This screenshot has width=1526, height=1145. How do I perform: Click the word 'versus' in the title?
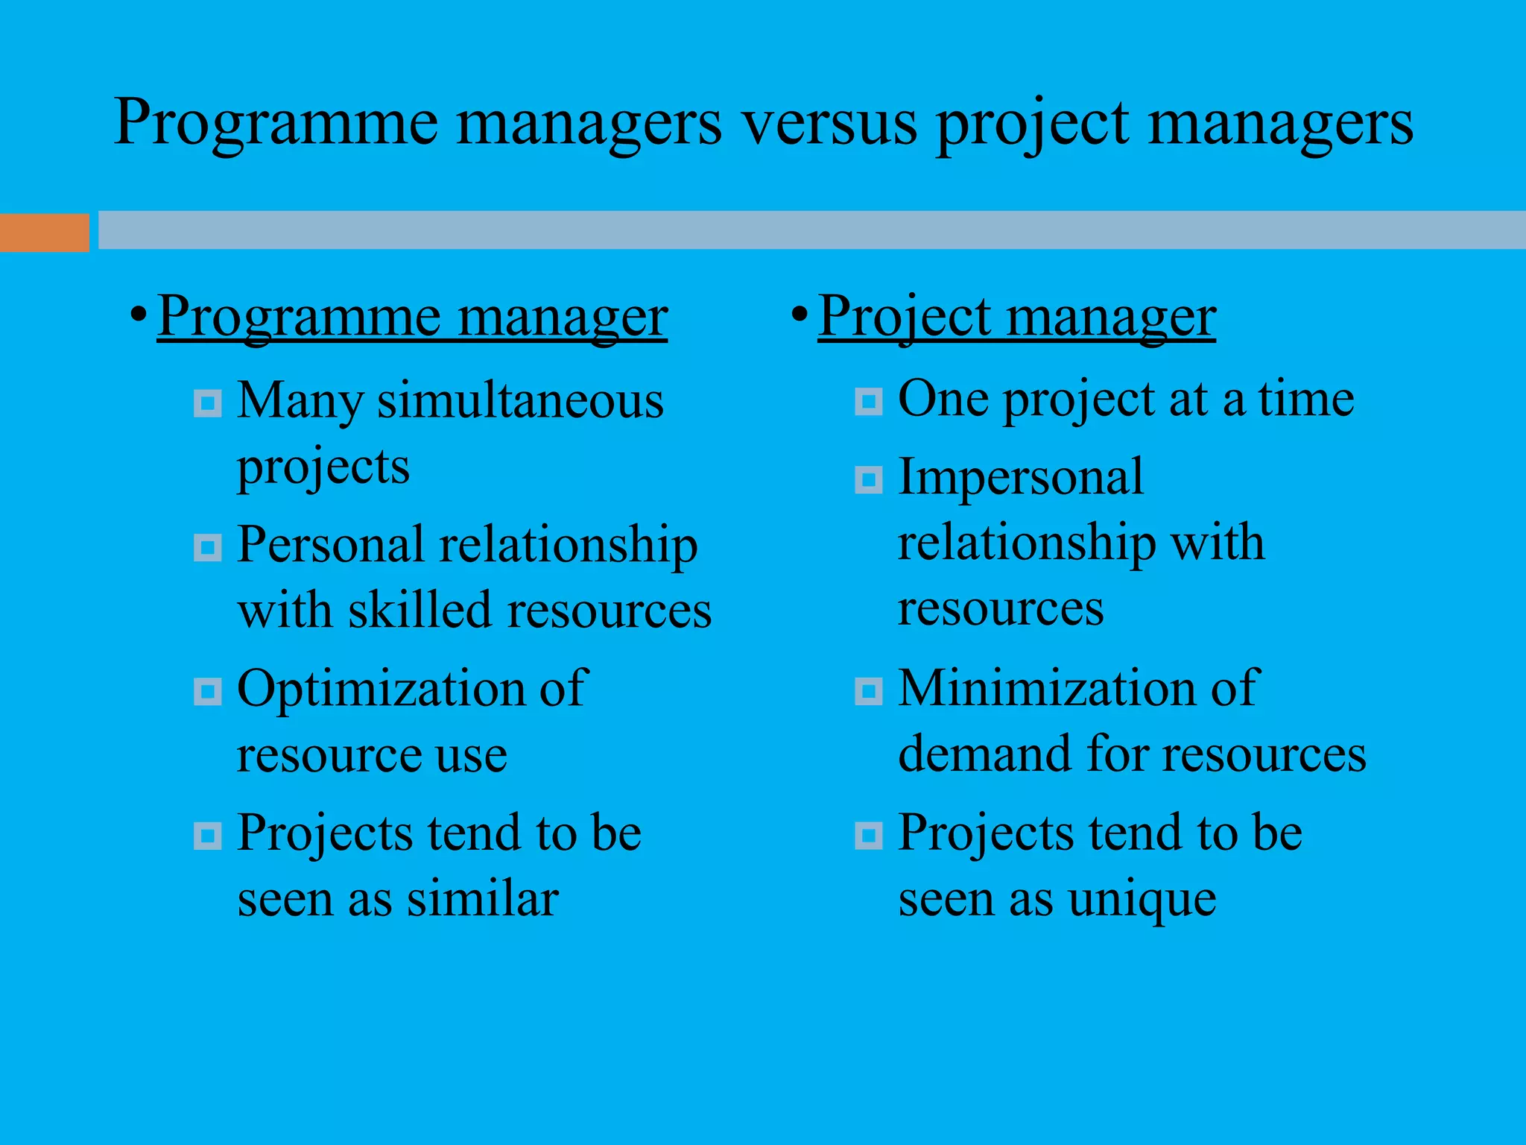[x=829, y=123]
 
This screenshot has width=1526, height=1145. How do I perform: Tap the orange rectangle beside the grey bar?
[x=44, y=233]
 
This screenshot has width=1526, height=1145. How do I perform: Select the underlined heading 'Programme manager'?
[x=412, y=317]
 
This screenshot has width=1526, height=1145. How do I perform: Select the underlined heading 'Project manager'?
[x=1016, y=317]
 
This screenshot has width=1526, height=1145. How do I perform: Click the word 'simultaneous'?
[x=520, y=401]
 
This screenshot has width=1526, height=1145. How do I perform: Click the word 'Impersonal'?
[x=1020, y=477]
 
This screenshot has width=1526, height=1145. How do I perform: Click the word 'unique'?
[x=1142, y=900]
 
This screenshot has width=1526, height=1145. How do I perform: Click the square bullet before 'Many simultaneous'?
[x=208, y=404]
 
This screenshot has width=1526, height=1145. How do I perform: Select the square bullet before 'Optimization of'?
[x=208, y=691]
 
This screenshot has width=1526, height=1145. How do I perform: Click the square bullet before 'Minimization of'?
[x=869, y=691]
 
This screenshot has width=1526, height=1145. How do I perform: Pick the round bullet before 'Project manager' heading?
[x=799, y=313]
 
